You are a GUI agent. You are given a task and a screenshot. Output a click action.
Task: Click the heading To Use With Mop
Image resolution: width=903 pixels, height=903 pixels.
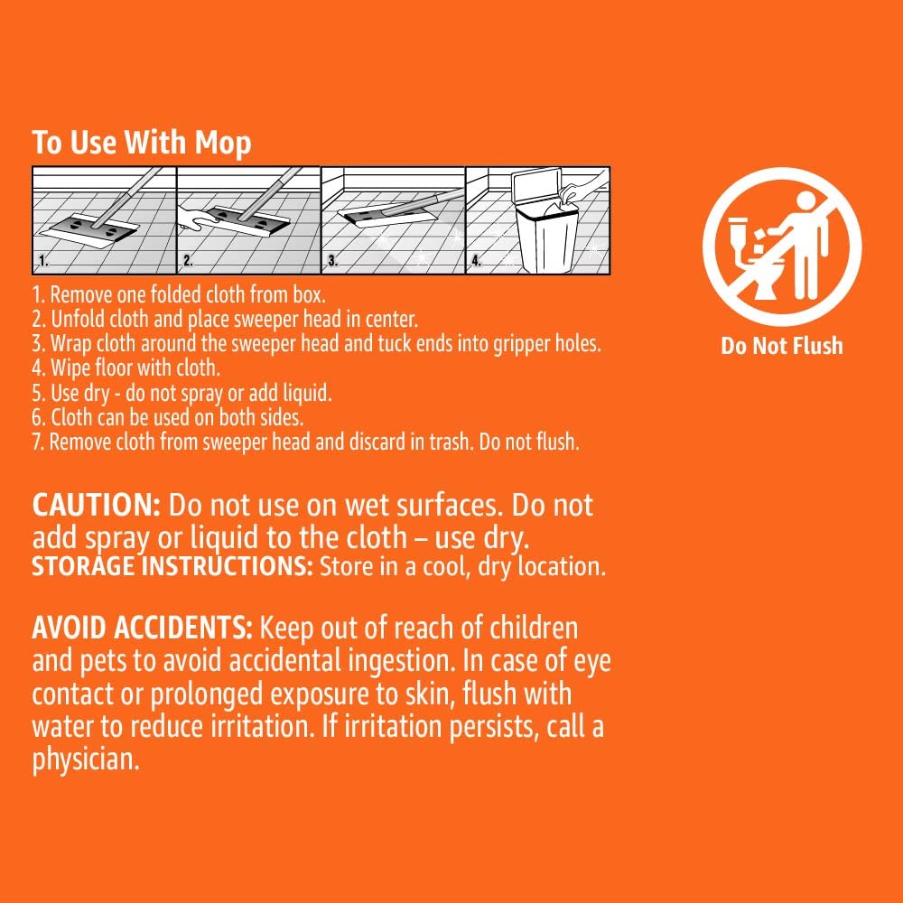[142, 143]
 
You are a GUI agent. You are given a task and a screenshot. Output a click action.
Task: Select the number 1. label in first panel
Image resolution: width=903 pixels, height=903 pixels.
[42, 263]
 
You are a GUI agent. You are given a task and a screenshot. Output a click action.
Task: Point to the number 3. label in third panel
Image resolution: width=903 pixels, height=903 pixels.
[332, 263]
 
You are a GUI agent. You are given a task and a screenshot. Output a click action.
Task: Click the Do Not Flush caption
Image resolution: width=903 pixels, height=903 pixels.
[781, 346]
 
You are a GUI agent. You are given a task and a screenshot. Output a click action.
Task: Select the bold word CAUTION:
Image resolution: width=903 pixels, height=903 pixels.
[97, 504]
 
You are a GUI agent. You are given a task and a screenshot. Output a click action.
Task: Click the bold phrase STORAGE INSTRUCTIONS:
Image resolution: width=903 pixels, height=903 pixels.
[172, 567]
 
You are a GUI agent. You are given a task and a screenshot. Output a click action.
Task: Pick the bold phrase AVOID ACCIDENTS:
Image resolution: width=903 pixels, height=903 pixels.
[144, 627]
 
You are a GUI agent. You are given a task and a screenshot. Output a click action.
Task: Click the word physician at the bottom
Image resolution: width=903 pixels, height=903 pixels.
[86, 759]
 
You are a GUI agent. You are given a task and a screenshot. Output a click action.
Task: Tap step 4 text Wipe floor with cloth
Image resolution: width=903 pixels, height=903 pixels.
[135, 369]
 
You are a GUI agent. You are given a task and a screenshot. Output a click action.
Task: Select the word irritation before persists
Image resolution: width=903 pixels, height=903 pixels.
[393, 727]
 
